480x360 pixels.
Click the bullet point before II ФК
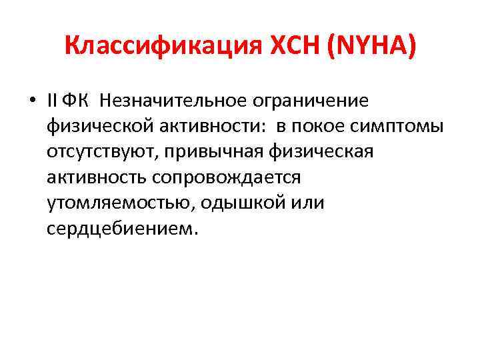coord(32,101)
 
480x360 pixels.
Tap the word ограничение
coord(311,101)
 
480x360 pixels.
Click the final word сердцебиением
coord(122,228)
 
